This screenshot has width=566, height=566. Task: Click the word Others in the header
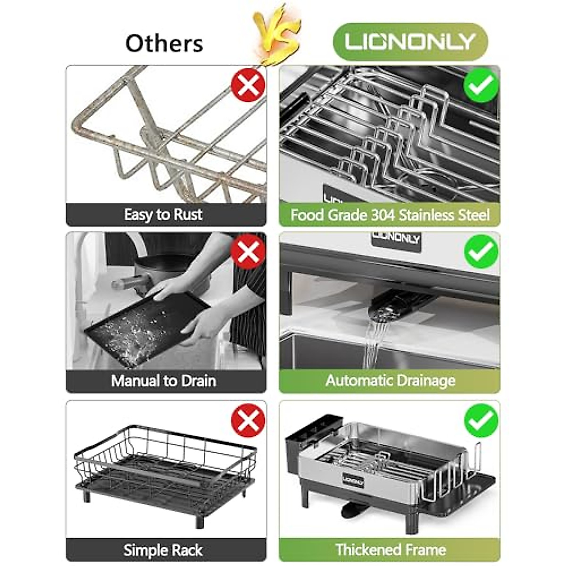164,43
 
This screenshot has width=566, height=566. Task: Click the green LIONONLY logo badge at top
409,42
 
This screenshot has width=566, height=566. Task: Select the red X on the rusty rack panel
248,85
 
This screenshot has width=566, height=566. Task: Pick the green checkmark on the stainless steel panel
481,85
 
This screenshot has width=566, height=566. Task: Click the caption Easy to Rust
163,215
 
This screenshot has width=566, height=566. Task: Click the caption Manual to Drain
164,381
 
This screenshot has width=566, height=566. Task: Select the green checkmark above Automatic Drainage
481,251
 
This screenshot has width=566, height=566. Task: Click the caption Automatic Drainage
390,381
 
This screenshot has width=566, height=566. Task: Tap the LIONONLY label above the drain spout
395,238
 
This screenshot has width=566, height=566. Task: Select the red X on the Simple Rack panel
248,420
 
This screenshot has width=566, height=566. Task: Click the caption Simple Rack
163,550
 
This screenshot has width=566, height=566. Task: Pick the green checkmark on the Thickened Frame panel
481,420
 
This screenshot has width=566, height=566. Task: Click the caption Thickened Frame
390,549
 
